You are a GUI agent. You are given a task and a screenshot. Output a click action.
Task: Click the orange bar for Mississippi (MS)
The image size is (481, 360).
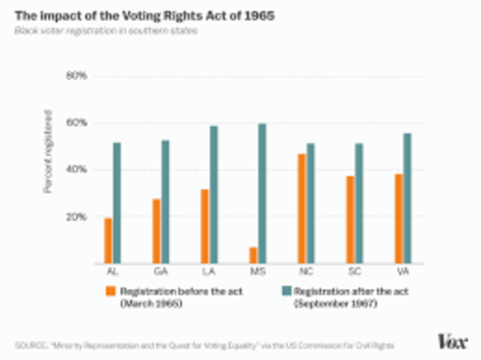[253, 256]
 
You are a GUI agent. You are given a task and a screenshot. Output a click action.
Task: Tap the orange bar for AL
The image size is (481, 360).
[108, 241]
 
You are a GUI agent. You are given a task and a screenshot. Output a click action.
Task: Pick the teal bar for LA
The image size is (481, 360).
[214, 195]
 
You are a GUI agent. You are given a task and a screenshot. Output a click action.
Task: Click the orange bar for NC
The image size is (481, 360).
[301, 209]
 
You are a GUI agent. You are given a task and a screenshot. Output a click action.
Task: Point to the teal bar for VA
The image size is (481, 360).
[407, 198]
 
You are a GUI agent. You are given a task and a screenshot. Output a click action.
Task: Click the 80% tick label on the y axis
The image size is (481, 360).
[77, 76]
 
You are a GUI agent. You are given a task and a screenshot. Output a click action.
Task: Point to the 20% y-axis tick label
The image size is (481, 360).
[77, 217]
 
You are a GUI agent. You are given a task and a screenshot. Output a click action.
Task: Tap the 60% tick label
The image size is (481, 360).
[77, 123]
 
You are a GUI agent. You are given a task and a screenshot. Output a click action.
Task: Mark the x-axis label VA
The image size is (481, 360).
[402, 271]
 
